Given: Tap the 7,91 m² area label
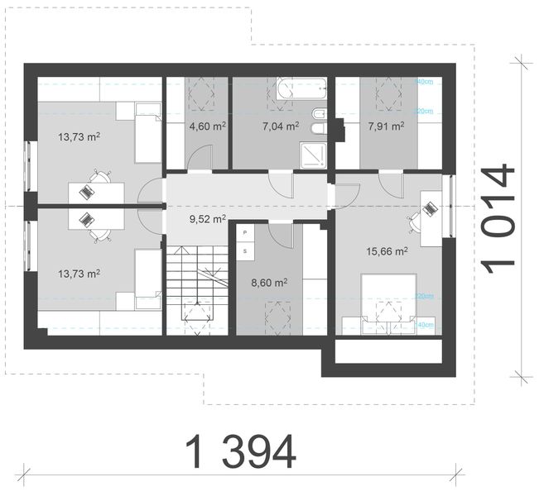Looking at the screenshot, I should (385, 126).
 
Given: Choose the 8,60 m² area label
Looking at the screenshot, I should (269, 282).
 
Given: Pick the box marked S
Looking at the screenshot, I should (246, 249).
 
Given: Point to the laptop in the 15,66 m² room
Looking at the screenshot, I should (430, 207).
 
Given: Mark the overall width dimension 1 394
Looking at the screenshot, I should (240, 451).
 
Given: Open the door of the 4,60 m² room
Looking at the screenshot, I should (202, 157).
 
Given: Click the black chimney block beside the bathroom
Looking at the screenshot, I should (338, 126).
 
